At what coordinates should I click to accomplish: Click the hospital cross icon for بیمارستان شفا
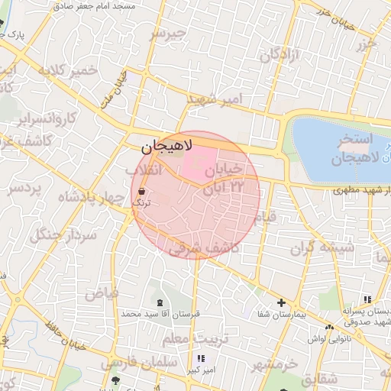click(x=282, y=303)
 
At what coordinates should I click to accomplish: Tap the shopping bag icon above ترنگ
click(x=142, y=191)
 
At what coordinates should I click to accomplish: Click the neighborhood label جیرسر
click(x=167, y=34)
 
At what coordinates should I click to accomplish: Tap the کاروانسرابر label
click(x=47, y=118)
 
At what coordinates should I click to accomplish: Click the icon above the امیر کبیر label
click(x=201, y=359)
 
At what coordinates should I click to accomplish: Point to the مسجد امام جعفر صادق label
click(x=93, y=5)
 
